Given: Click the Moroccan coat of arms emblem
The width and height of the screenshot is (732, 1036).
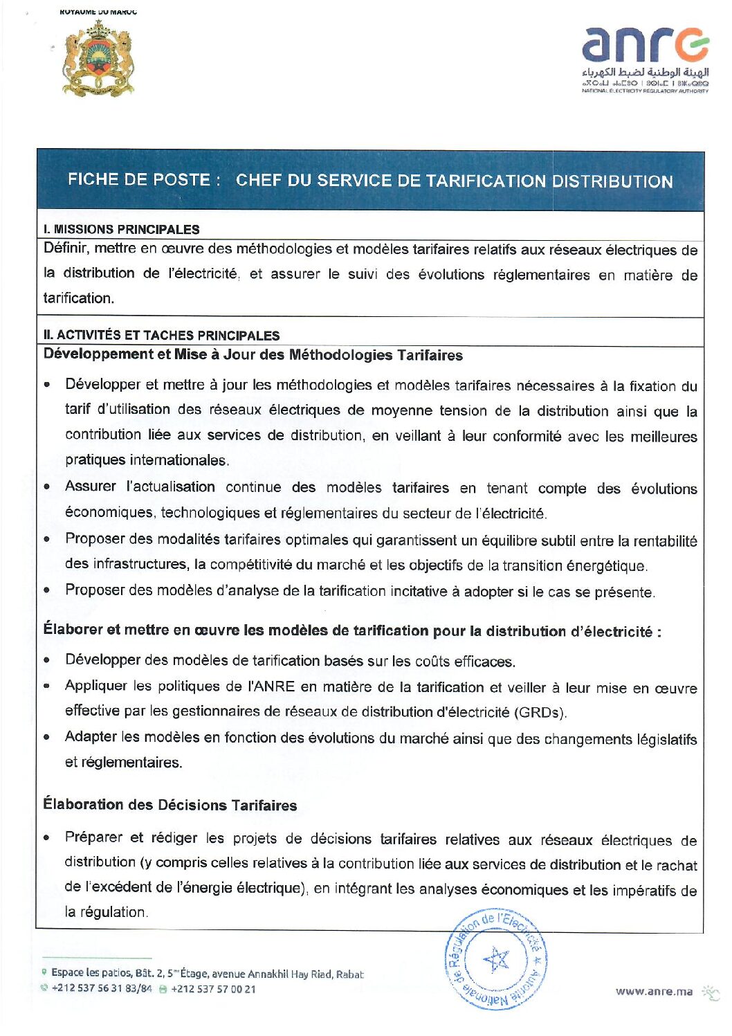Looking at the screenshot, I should tap(98, 59).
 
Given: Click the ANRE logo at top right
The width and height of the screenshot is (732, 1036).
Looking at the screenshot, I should tap(645, 60).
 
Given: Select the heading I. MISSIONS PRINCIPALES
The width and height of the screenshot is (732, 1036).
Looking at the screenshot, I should tap(121, 229).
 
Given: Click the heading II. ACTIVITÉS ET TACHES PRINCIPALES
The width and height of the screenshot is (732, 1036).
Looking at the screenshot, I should tap(161, 336).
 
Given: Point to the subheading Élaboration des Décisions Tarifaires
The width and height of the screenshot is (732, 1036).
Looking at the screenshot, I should tap(170, 805).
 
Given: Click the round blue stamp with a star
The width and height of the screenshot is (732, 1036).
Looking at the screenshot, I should tap(495, 958).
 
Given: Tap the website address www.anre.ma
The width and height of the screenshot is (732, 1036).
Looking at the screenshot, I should tap(654, 991).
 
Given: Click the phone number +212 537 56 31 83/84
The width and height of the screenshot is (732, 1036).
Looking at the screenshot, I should tap(102, 989).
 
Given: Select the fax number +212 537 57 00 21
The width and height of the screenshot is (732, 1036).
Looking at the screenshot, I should tap(213, 990).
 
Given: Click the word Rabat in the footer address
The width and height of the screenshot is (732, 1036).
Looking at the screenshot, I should tap(349, 974).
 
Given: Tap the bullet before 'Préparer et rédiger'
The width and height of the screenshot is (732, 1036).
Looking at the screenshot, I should tap(46, 838).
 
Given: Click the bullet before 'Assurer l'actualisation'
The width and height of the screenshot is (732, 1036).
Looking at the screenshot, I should tap(46, 487).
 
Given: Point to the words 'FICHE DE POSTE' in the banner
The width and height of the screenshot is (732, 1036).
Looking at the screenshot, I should tap(139, 180).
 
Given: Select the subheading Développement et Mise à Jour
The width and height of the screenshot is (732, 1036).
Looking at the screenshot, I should tap(253, 355).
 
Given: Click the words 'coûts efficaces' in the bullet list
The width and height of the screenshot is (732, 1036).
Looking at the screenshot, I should tap(464, 662).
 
